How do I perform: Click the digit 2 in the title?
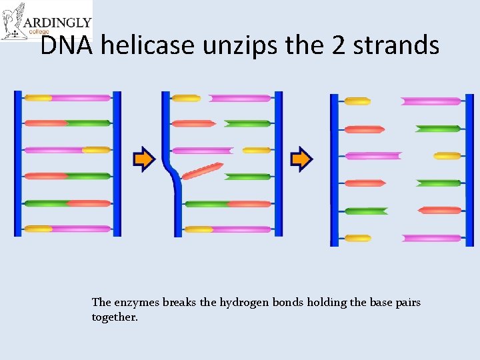pyautogui.click(x=335, y=45)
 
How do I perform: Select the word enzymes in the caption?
pyautogui.click(x=137, y=303)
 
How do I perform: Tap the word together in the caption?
pyautogui.click(x=115, y=317)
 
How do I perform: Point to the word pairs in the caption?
pyautogui.click(x=406, y=303)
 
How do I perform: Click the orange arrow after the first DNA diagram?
pyautogui.click(x=144, y=159)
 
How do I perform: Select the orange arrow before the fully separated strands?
pyautogui.click(x=301, y=159)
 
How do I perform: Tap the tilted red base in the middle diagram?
pyautogui.click(x=203, y=171)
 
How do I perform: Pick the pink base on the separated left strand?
pyautogui.click(x=373, y=156)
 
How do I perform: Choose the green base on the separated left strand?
pyautogui.click(x=366, y=211)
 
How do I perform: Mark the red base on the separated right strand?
pyautogui.click(x=440, y=210)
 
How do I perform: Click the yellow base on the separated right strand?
pyautogui.click(x=447, y=156)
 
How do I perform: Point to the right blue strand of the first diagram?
pyautogui.click(x=117, y=163)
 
